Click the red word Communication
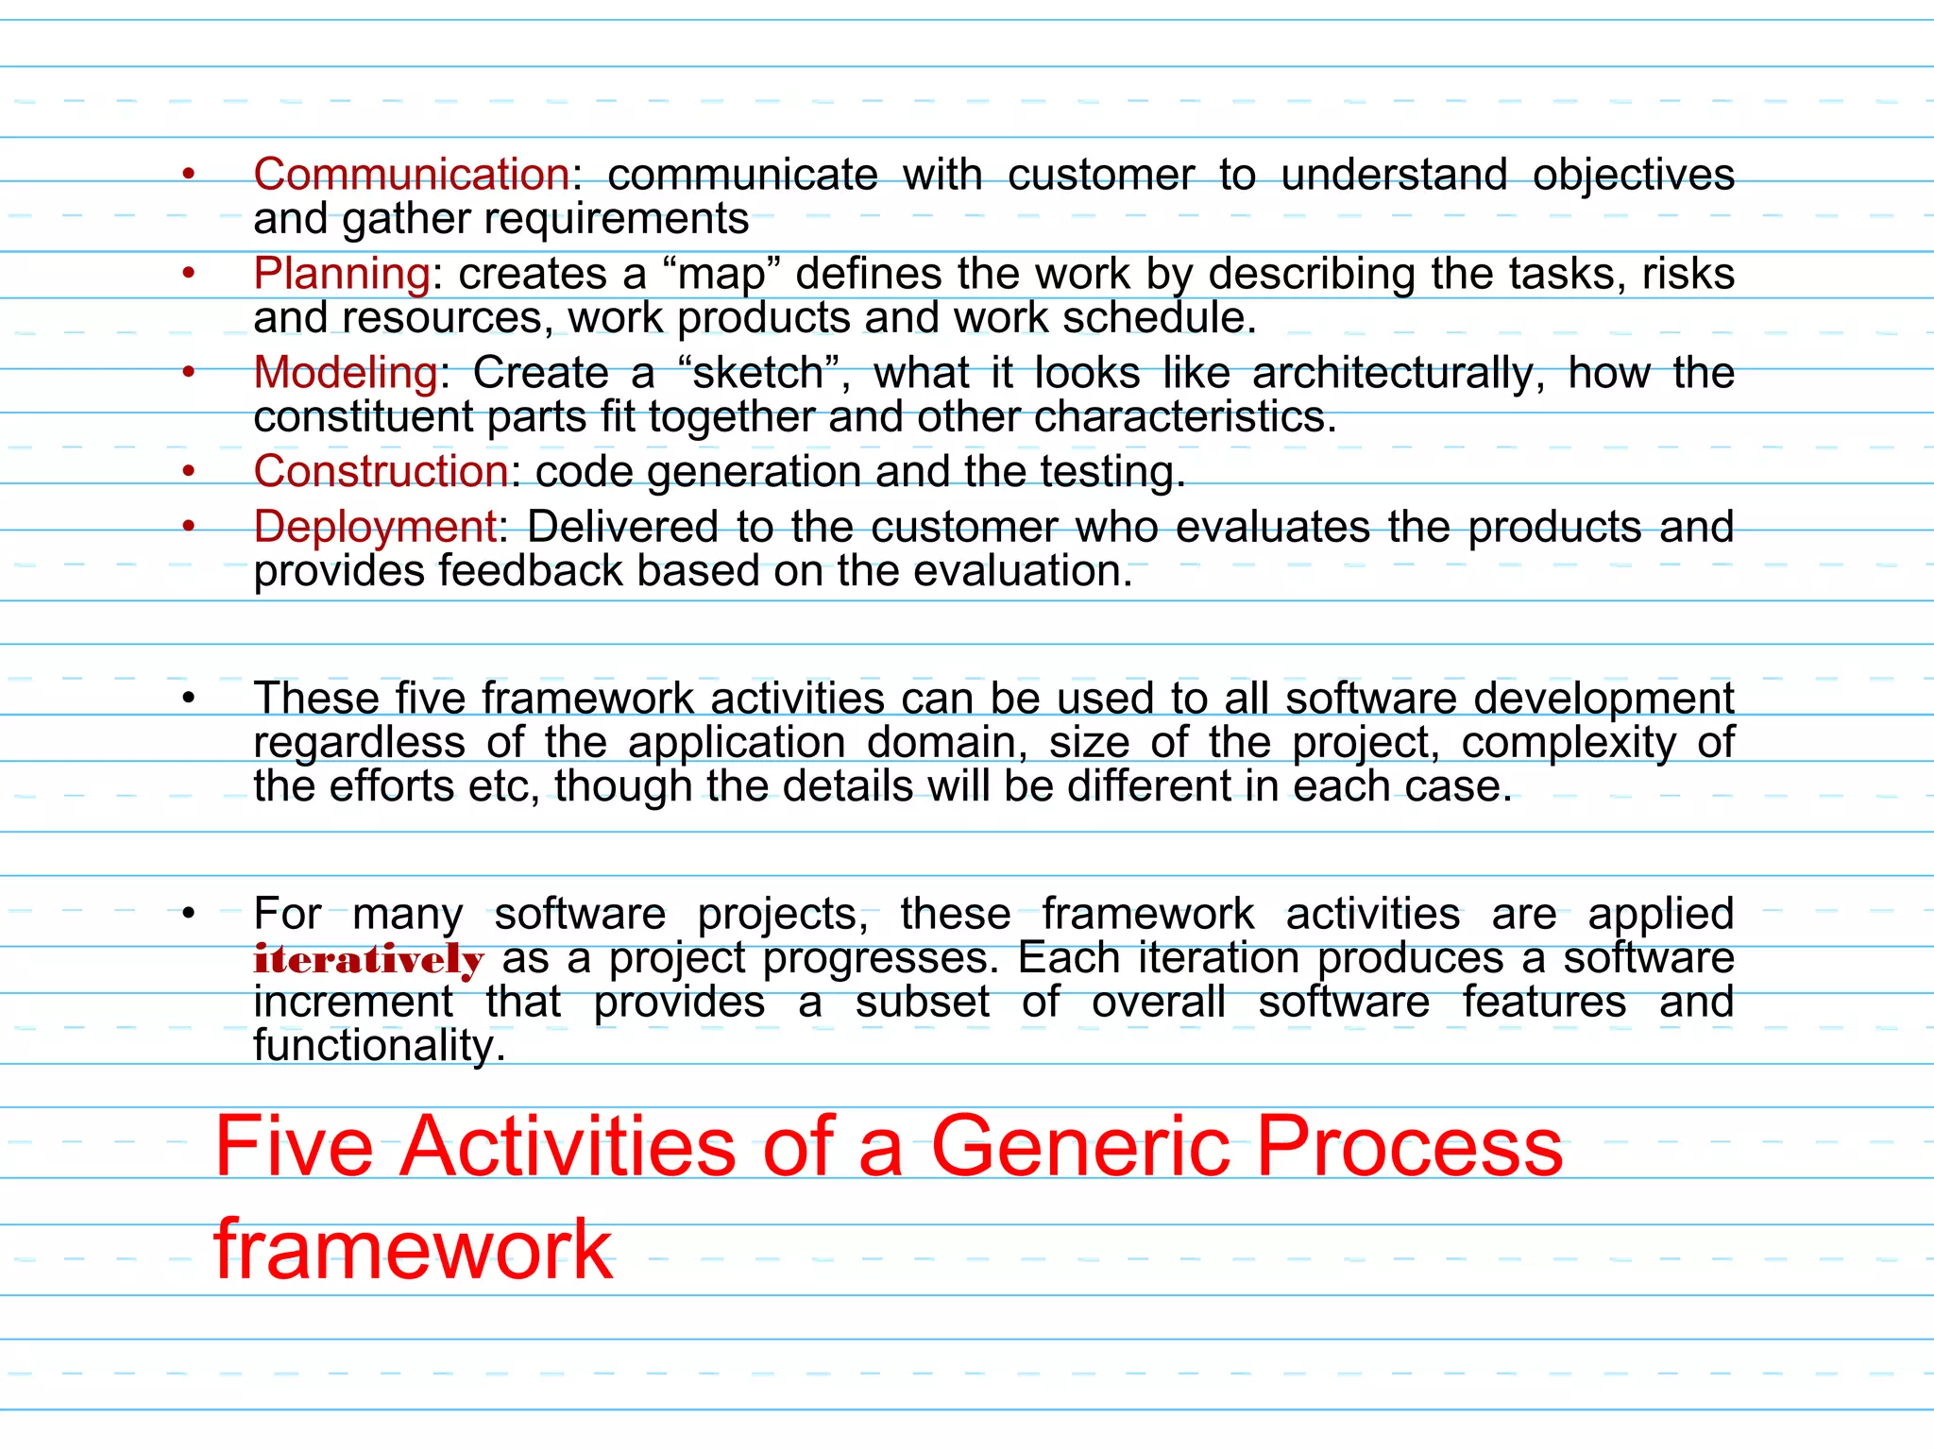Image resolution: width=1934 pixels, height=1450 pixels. click(412, 175)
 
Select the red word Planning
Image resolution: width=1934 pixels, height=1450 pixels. click(342, 275)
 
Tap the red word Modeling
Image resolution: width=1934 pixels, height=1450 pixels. click(346, 373)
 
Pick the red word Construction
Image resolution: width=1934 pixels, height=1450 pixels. click(382, 471)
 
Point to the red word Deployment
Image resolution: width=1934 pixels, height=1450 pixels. click(376, 527)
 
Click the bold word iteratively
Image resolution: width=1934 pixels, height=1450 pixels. click(368, 959)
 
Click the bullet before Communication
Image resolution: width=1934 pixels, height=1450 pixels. click(189, 175)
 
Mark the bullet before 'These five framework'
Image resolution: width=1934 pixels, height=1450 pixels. click(189, 700)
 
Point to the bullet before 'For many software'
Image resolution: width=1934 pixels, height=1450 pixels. click(189, 914)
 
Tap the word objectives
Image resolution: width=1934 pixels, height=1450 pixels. click(1633, 176)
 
